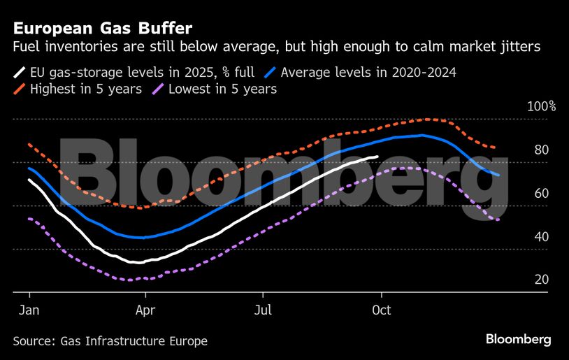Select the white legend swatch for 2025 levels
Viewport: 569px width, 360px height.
coord(20,72)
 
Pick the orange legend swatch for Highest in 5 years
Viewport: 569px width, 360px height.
coord(20,89)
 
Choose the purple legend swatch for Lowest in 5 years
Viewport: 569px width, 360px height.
coord(158,89)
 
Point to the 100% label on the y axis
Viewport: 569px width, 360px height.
coord(542,107)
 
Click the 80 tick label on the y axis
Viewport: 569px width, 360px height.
coord(541,150)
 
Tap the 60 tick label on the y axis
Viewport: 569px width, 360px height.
coord(541,194)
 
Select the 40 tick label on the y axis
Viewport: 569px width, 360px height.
coord(541,237)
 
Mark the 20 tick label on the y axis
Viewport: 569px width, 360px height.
coord(541,280)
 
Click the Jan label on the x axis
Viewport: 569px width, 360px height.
coord(28,309)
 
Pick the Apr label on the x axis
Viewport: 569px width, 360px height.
coord(145,309)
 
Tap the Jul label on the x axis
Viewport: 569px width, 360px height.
coord(263,309)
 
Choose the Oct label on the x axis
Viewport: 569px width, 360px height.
coord(381,309)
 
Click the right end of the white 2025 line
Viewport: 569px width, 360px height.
coord(378,157)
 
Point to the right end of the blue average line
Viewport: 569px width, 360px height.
coord(498,175)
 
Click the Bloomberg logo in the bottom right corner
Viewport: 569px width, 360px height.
coord(518,340)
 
